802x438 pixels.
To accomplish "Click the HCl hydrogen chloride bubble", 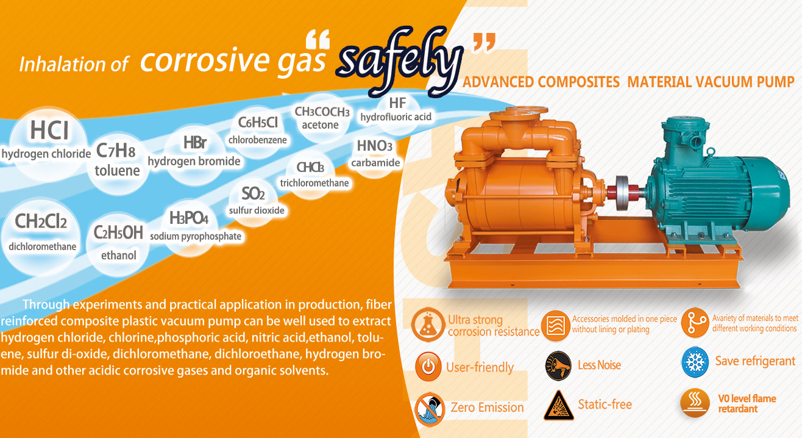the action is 48,143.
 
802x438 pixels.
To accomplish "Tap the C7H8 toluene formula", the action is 116,151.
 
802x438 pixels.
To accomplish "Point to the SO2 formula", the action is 253,194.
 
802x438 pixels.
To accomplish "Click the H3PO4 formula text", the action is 189,218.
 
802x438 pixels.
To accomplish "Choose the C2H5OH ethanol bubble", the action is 118,245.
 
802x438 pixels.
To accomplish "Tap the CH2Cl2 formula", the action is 41,221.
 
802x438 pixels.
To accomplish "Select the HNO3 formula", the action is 375,146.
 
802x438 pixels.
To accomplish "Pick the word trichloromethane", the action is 314,183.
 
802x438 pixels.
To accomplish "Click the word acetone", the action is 320,125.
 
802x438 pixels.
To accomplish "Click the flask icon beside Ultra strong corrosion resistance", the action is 427,325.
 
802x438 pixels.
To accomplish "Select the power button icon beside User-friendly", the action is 428,366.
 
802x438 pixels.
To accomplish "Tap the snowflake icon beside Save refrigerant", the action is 695,362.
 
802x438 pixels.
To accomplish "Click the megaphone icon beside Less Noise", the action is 558,365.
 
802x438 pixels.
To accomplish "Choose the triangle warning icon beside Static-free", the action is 558,406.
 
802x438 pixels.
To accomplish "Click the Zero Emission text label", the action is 487,407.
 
